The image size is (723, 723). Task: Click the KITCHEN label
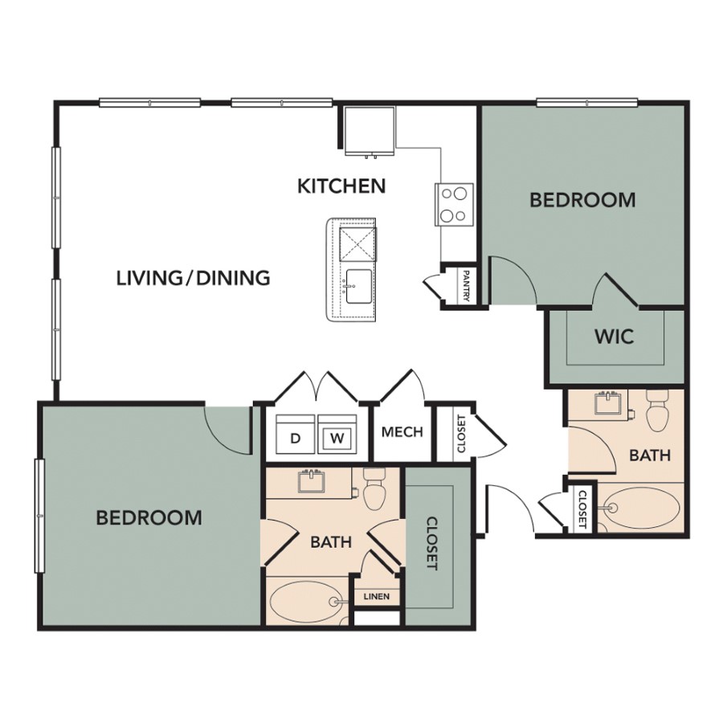coord(341,186)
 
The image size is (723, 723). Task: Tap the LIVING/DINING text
coord(193,278)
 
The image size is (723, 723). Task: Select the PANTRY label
coord(465,286)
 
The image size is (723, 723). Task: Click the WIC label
coord(615,337)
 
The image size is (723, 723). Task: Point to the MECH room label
coord(402,432)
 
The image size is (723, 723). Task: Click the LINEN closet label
coord(376,596)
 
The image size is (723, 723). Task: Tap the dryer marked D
coord(295,435)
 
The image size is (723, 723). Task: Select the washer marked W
coord(337,435)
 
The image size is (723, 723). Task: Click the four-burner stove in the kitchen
coord(454,204)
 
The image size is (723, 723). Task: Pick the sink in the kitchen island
coord(358,286)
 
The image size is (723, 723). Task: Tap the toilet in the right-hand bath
coord(656,410)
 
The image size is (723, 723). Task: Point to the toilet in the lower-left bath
coord(374,488)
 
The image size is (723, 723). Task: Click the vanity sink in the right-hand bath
coord(608,402)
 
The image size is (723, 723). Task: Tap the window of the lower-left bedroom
coord(39,516)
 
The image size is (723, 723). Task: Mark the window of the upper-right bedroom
coord(587,102)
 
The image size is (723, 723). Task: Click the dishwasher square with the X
coord(358,244)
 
